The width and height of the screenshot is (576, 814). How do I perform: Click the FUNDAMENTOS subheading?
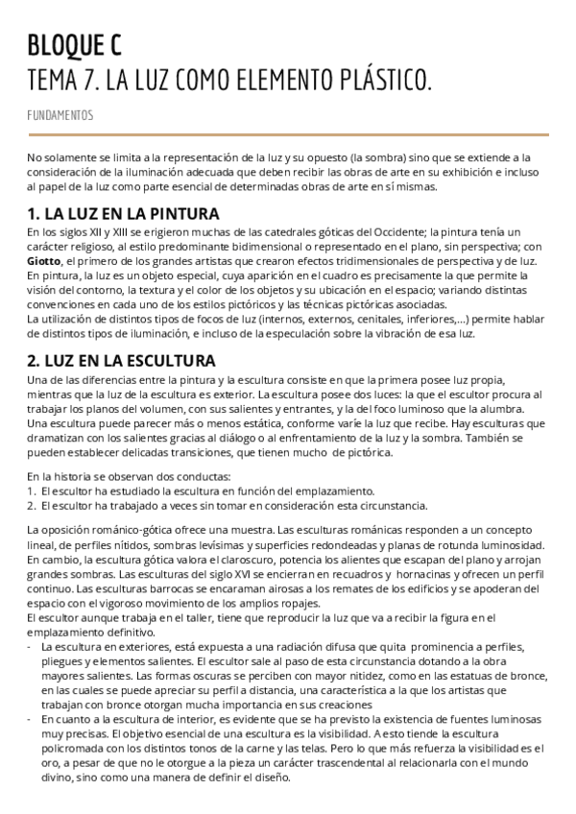tap(60, 115)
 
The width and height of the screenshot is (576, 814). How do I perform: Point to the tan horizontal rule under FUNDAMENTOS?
tap(288, 134)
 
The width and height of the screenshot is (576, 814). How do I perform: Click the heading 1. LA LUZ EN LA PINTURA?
tap(123, 213)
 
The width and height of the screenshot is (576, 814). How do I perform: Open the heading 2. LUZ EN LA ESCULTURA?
tap(121, 361)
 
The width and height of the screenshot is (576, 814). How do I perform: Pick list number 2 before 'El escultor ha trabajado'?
tap(30, 505)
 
